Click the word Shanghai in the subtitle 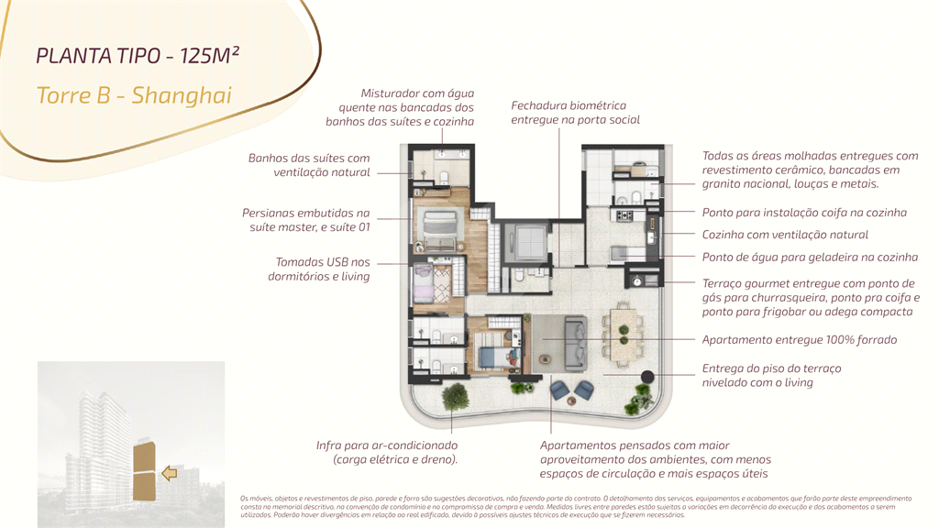click(x=182, y=94)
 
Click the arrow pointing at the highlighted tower click(x=169, y=473)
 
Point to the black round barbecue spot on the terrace click(x=647, y=376)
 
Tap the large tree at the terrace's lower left click(x=455, y=397)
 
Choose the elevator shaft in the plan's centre click(x=532, y=240)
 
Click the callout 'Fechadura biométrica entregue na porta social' click(x=575, y=113)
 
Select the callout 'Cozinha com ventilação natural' click(x=785, y=235)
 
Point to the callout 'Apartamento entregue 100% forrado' click(x=799, y=339)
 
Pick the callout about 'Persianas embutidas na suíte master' click(x=306, y=219)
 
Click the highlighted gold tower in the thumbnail click(x=145, y=468)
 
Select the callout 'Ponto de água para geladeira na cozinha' click(x=810, y=258)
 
